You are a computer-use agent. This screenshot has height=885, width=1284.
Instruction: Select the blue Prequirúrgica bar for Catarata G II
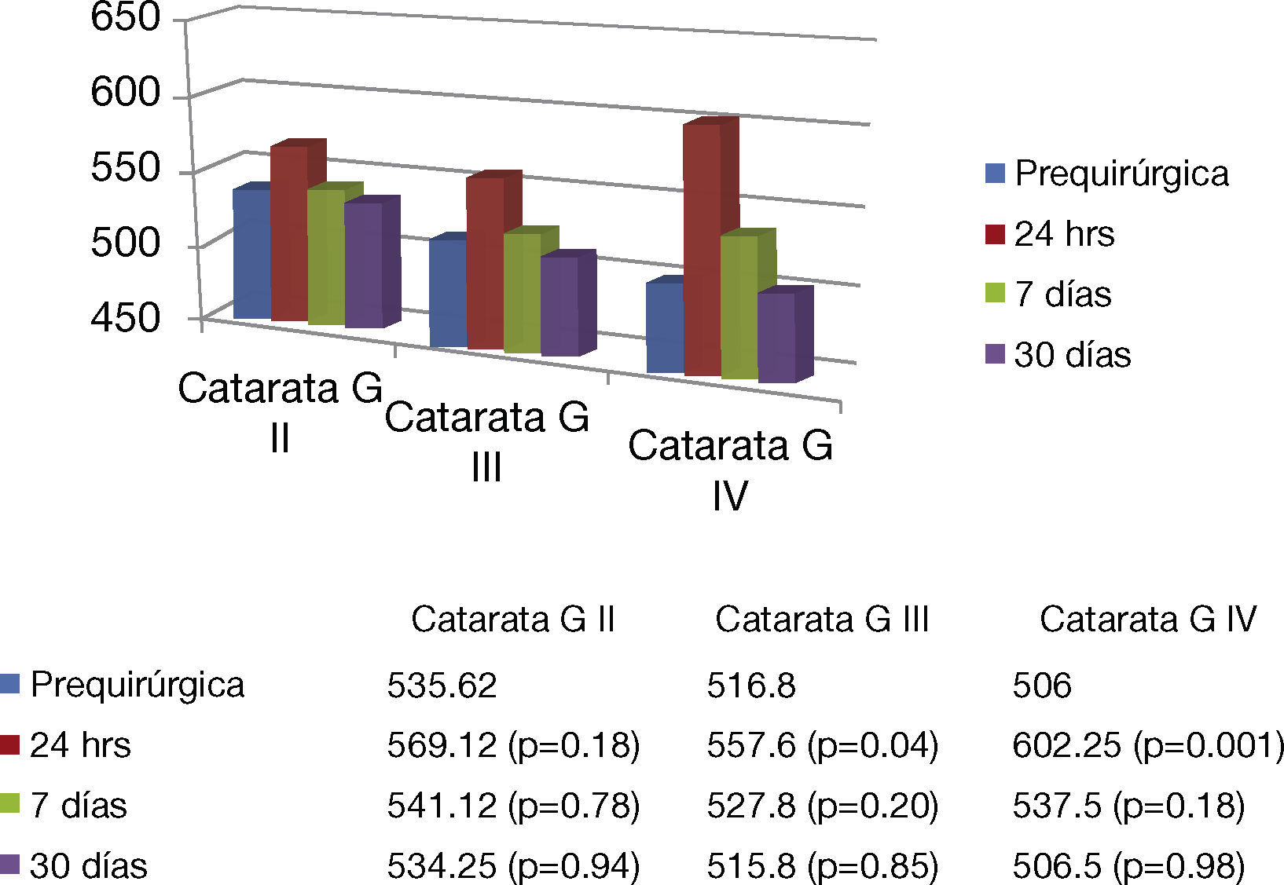pos(251,255)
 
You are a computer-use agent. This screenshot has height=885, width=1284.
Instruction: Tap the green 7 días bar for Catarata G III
pos(522,294)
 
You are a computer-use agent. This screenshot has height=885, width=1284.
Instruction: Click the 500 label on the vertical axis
pos(126,243)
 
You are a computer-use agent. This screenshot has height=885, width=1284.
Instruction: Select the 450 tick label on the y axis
pos(126,318)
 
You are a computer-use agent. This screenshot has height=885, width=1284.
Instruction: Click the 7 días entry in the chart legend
pos(1062,294)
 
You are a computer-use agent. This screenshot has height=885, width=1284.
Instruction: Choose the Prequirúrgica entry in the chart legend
pos(1121,174)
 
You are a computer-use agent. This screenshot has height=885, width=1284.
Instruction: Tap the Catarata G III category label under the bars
pos(486,441)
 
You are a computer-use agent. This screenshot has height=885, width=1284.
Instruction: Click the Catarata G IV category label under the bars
pos(730,470)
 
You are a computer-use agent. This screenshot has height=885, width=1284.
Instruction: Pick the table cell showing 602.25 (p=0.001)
pos(1148,745)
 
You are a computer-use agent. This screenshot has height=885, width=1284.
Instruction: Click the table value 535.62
pos(442,686)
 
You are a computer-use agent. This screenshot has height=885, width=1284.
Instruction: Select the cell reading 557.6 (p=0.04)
pos(822,745)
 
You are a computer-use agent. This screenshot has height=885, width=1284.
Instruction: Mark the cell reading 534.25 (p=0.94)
pos(513,866)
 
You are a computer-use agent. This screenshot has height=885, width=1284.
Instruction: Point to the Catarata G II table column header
pos(512,620)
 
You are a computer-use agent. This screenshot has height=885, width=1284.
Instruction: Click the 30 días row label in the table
pos(88,866)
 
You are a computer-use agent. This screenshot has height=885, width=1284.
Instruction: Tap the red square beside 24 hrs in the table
pos(10,744)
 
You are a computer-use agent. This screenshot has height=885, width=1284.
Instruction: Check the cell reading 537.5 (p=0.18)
pos(1128,806)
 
